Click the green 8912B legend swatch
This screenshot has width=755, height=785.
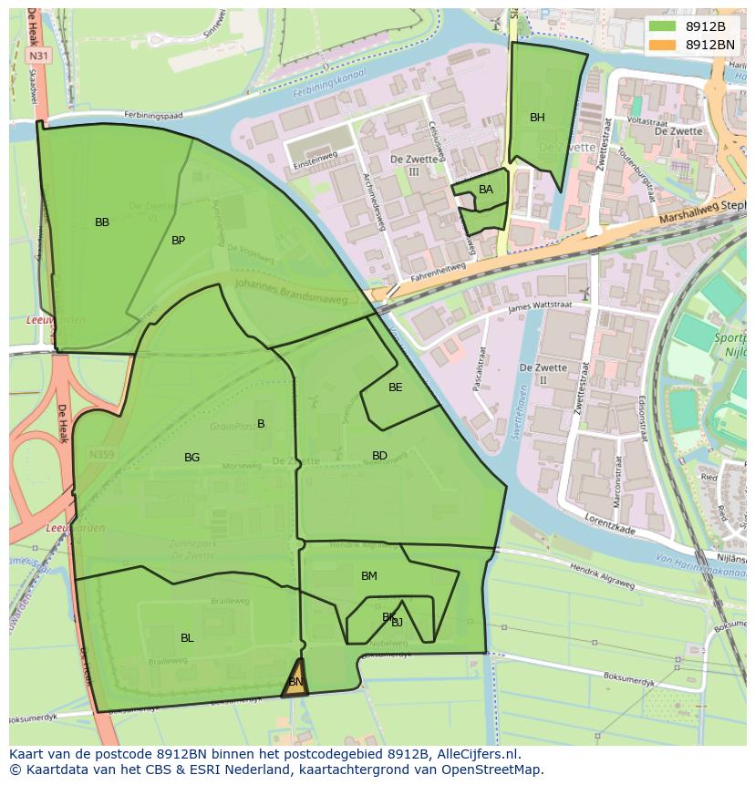coord(662,26)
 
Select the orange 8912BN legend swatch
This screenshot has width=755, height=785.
coord(662,45)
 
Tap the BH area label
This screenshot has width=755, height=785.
coord(537,118)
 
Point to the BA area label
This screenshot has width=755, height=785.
coord(486,190)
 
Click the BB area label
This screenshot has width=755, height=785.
coord(102,222)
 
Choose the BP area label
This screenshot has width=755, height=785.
coord(178,241)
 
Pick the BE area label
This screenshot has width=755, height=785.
coord(395,387)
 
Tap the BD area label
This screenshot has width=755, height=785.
coord(379,456)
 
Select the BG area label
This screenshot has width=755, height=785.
coord(191,458)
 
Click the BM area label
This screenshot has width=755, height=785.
coord(368,576)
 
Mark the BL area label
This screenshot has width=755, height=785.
coord(187,638)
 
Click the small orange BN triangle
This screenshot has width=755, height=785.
coord(295,682)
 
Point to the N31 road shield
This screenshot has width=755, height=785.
coord(38,56)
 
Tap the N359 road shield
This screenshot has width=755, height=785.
coord(101,454)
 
